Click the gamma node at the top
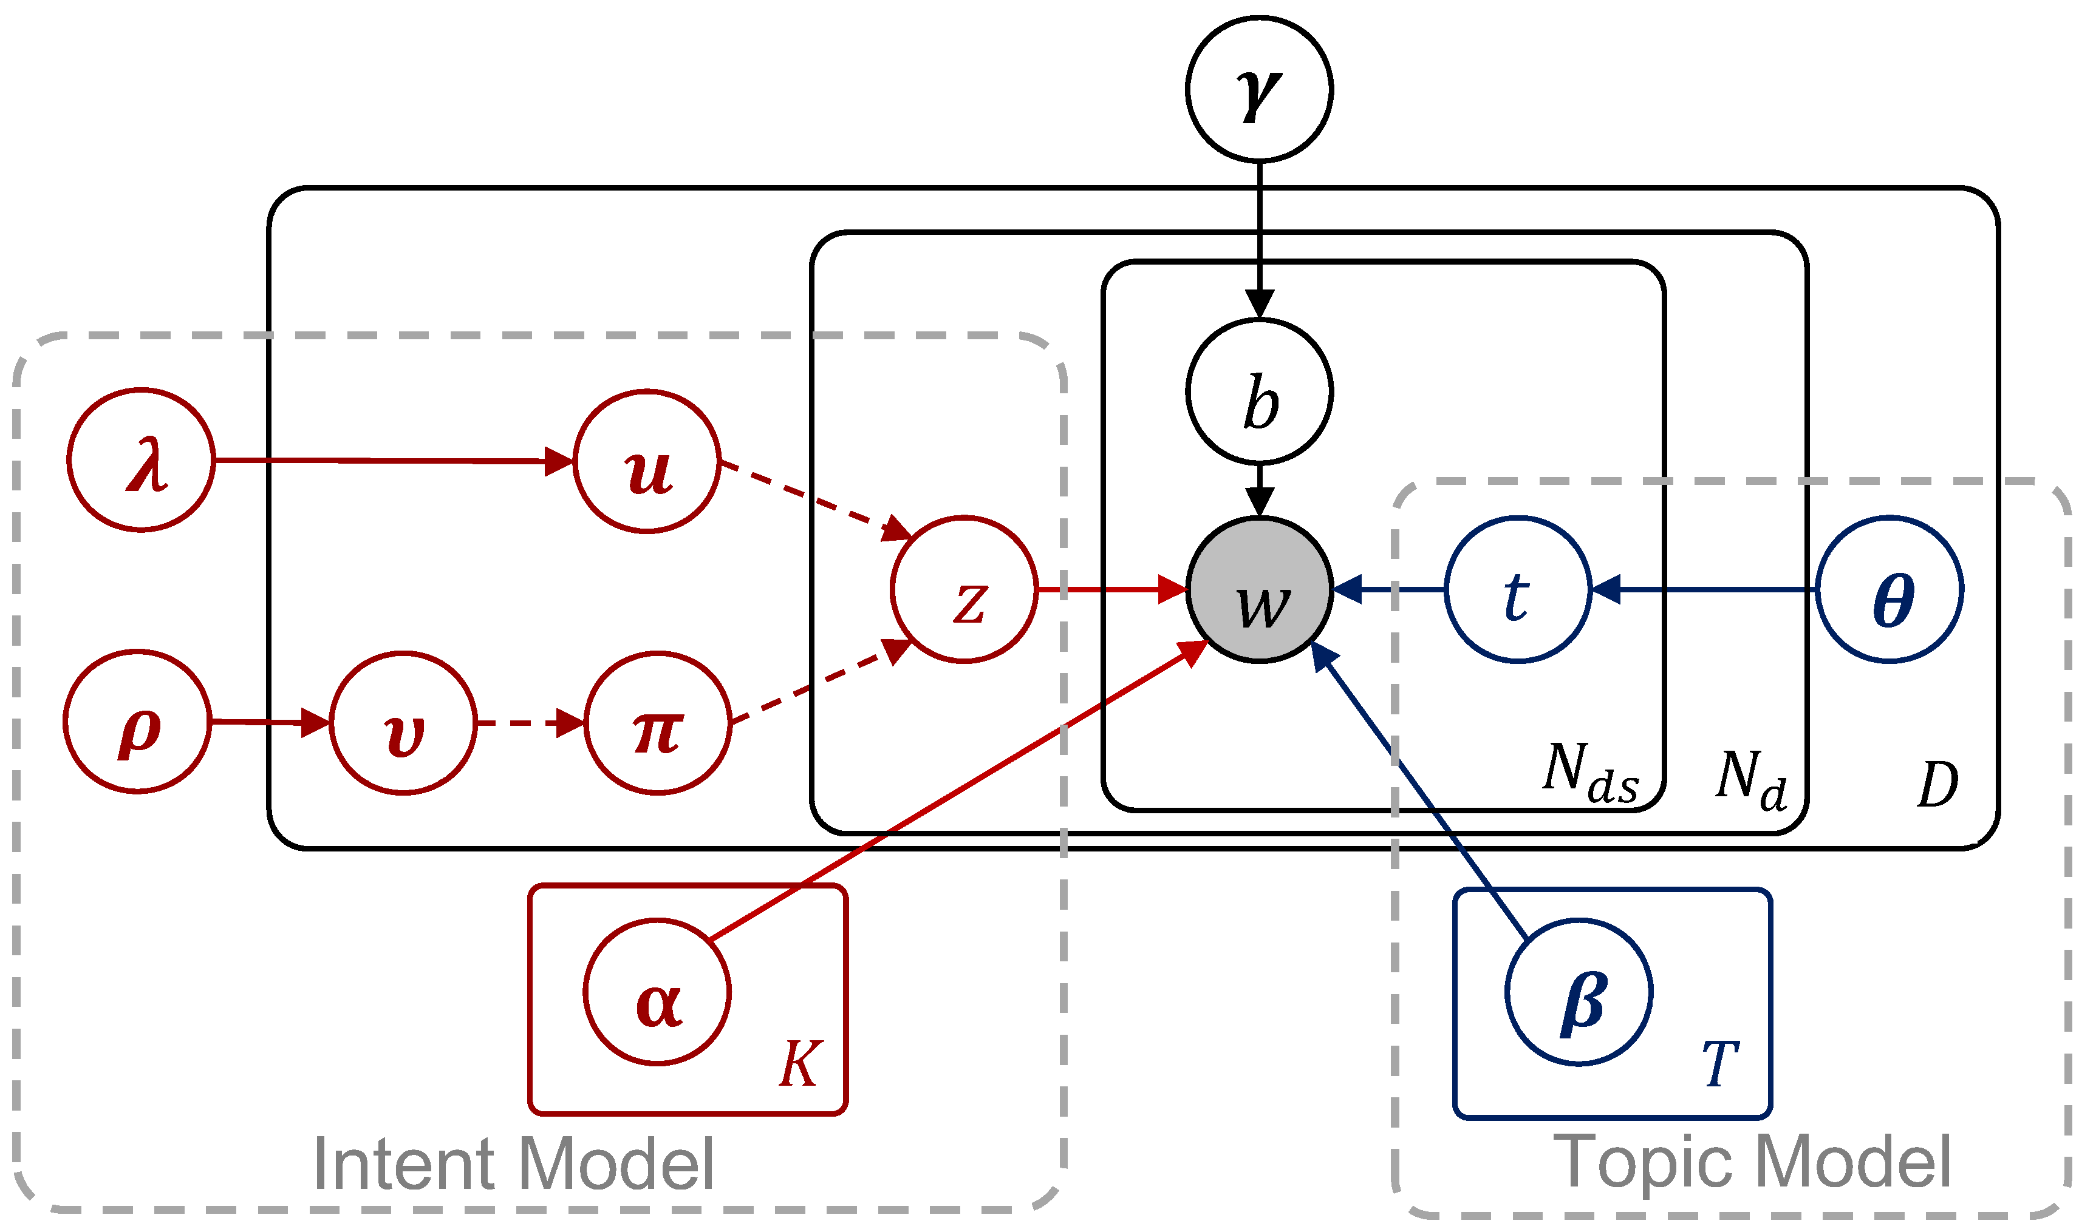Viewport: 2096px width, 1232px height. pos(1259,89)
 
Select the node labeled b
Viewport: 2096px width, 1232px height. pos(1259,391)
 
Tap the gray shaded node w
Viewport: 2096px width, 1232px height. pos(1259,589)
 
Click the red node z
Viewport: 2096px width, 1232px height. pos(964,589)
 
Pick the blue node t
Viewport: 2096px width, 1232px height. pos(1518,589)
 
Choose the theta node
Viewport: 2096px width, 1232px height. pos(1889,589)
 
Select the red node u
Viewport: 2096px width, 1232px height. pos(647,461)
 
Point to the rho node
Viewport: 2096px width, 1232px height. pos(138,722)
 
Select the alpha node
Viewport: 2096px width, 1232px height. pos(657,992)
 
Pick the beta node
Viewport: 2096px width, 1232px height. pos(1579,992)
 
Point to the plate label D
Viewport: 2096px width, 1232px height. pos(1938,784)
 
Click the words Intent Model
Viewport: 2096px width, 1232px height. pos(513,1164)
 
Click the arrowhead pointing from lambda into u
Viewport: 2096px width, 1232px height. pos(559,461)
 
